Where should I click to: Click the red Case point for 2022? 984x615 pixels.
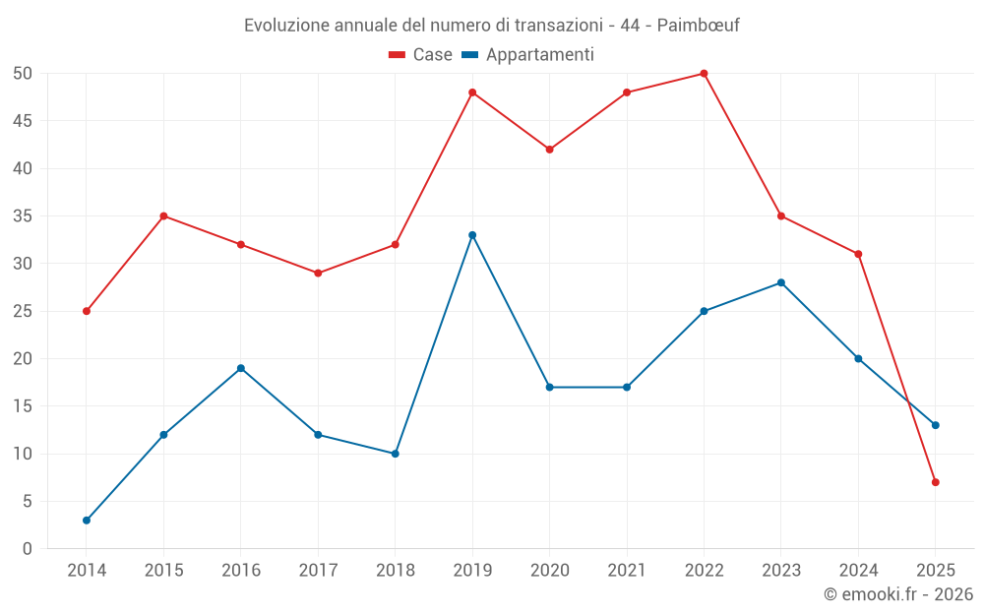[x=704, y=73]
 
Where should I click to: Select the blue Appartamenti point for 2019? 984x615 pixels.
[x=472, y=235]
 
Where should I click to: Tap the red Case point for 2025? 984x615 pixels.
[x=936, y=482]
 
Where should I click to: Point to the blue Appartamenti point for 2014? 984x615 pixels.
[x=87, y=521]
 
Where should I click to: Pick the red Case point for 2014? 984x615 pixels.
[x=87, y=311]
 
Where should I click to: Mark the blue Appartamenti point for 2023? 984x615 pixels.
[x=781, y=282]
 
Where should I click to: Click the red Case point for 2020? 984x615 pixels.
[x=549, y=150]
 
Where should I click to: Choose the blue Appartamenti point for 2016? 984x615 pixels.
[x=241, y=368]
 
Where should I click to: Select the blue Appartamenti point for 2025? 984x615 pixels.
[x=936, y=425]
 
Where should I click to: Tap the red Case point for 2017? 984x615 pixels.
[x=318, y=273]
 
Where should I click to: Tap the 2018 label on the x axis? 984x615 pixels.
[x=395, y=570]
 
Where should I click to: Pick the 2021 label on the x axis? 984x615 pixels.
[x=627, y=570]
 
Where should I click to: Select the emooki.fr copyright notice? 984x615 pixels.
[x=897, y=594]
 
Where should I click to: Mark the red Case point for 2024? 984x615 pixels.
[x=858, y=254]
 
